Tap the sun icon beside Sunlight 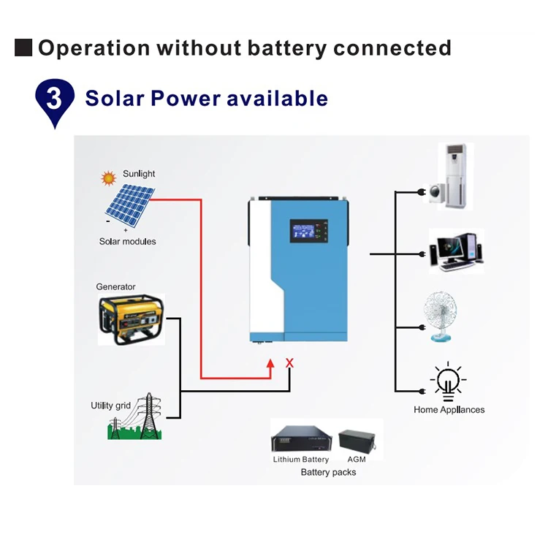point(109,177)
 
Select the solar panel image point(129,205)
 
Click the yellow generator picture point(131,319)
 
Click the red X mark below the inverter point(289,362)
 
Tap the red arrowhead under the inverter point(271,363)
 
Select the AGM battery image point(357,440)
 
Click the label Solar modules point(127,241)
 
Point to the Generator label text point(116,286)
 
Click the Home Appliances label point(449,409)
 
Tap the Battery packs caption point(328,472)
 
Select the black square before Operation point(23,48)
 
